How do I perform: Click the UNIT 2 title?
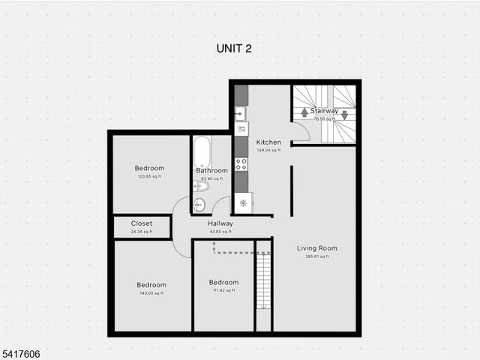click(233, 48)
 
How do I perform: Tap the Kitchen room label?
click(268, 142)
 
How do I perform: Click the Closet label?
click(141, 223)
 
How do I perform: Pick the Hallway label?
click(220, 223)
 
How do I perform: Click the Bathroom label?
click(211, 170)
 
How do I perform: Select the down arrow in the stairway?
click(344, 115)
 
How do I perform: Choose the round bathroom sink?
click(199, 205)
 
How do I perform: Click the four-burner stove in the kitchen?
click(241, 163)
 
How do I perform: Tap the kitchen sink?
click(240, 114)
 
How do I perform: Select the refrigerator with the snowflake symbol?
click(242, 202)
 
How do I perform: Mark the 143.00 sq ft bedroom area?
click(151, 293)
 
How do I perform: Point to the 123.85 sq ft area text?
click(149, 176)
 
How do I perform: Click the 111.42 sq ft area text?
click(223, 290)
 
